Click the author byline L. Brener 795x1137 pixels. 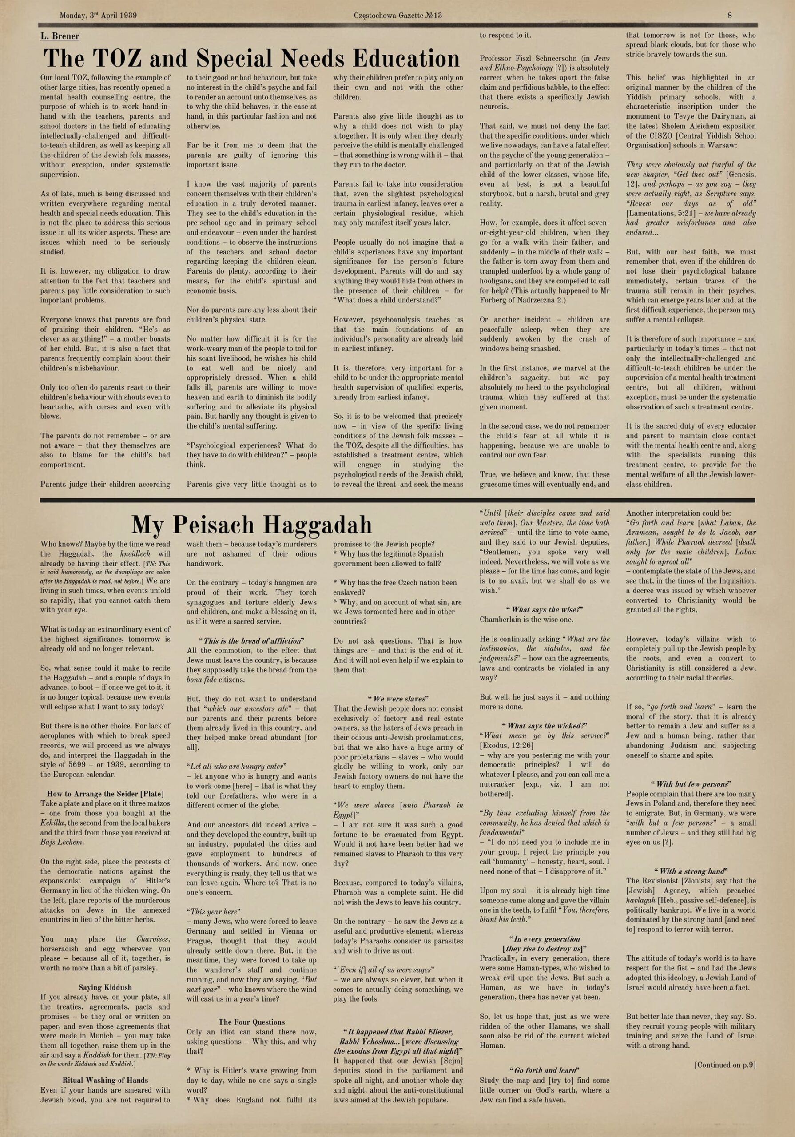[x=60, y=36]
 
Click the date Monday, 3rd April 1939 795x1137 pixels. [x=98, y=16]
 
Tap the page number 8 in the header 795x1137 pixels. [x=730, y=16]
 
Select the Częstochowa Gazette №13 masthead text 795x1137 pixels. [x=398, y=16]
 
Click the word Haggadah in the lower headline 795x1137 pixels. [x=317, y=525]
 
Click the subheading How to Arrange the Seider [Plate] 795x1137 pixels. [x=105, y=793]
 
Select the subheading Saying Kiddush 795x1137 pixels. [x=105, y=987]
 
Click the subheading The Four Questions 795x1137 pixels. [x=252, y=1022]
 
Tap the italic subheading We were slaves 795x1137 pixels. [x=398, y=699]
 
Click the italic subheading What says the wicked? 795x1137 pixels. [x=545, y=725]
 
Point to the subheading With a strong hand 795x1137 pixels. [x=691, y=871]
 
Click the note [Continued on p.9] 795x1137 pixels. [x=725, y=1065]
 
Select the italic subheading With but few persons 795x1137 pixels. [x=691, y=784]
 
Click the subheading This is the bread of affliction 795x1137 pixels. [x=252, y=640]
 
